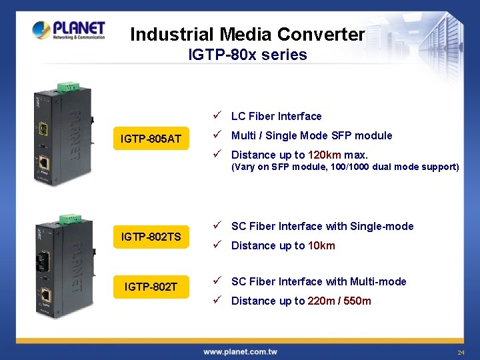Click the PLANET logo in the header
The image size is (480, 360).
69,30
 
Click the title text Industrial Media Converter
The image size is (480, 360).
247,34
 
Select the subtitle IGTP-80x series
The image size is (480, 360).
247,55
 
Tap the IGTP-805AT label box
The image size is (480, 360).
151,139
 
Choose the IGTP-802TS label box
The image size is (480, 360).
151,236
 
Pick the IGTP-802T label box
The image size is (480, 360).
151,287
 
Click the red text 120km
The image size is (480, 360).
325,155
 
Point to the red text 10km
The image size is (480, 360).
321,245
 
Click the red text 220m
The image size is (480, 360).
322,301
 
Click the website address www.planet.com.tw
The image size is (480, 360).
240,351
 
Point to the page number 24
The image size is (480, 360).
461,352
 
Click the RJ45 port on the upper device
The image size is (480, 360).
43,162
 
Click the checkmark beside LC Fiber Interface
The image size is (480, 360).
217,116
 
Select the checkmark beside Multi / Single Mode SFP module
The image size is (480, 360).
217,135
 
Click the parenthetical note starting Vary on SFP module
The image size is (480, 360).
345,167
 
